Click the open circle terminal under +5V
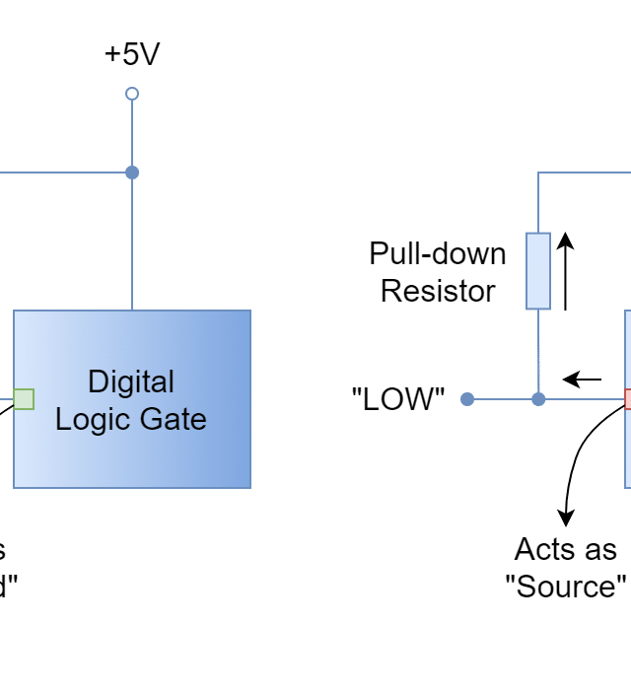(131, 94)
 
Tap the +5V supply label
(135, 54)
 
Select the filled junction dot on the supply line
(131, 173)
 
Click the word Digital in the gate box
(131, 381)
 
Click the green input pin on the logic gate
(24, 399)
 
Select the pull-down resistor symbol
(537, 271)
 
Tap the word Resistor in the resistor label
(440, 291)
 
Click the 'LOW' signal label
(401, 399)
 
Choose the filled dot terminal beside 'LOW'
(467, 399)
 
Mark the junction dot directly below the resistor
(537, 399)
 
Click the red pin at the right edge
(627, 399)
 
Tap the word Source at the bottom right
(569, 588)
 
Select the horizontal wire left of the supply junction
(59, 173)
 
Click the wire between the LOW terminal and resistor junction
(503, 399)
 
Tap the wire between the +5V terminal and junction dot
(131, 133)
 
